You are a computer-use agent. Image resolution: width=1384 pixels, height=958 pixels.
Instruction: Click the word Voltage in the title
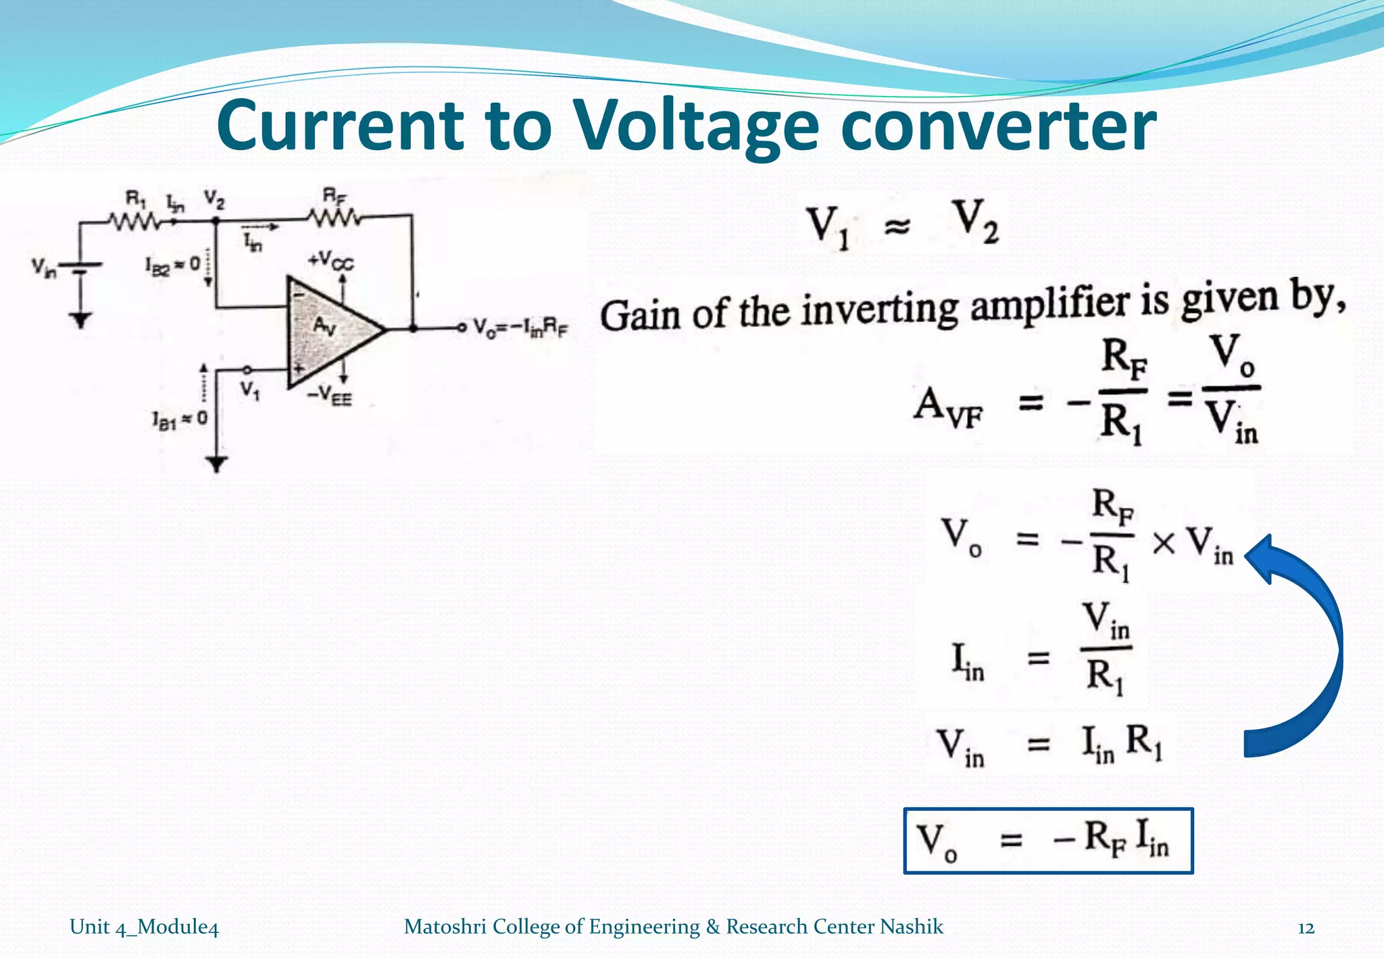696,127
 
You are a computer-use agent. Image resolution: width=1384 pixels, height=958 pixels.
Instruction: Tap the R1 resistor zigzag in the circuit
134,221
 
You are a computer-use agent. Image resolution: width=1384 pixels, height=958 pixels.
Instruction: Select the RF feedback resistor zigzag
334,218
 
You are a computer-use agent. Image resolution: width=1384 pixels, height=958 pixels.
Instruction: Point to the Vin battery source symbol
80,269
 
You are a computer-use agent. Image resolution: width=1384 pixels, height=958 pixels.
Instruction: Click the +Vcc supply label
330,260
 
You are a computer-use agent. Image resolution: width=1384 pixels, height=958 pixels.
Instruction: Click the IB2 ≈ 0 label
173,265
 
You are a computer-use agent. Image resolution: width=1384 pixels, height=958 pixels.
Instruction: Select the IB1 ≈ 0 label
180,420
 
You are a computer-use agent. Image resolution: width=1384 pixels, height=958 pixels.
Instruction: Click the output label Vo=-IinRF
520,328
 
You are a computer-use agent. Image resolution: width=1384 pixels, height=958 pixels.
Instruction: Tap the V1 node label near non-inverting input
250,390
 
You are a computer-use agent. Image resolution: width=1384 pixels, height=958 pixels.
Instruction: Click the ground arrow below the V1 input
216,464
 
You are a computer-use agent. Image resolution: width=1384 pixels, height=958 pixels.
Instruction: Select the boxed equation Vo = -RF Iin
1048,841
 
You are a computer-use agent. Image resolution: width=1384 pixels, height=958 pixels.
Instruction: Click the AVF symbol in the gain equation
948,407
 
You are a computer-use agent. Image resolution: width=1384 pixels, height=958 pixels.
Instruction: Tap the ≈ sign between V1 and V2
897,228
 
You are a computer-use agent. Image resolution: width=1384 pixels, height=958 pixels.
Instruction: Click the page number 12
1306,928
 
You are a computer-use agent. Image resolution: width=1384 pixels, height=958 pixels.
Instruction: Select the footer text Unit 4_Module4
144,927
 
